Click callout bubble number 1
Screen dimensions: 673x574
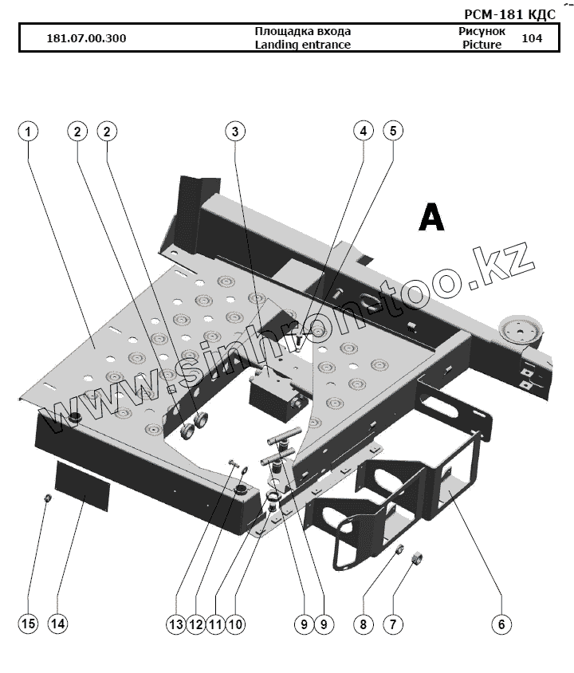click(28, 131)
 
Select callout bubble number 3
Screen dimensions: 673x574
click(234, 131)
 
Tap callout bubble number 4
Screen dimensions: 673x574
click(363, 131)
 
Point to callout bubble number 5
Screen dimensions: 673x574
click(391, 131)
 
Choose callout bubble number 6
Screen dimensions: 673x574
click(501, 624)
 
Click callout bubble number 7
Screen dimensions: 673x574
click(391, 624)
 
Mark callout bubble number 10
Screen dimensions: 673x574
click(234, 624)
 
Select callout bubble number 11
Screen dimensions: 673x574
click(214, 624)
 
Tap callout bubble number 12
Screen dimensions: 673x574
click(195, 624)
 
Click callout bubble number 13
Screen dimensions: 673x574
click(175, 624)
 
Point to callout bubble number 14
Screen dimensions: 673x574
click(57, 624)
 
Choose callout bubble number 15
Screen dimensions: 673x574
click(28, 624)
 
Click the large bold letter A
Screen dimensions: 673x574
click(431, 217)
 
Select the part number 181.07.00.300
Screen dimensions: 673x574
click(86, 38)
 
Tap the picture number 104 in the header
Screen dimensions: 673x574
click(531, 37)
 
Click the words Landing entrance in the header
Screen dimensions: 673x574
click(302, 45)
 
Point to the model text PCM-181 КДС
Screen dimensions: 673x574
click(509, 15)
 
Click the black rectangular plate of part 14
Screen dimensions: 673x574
click(81, 482)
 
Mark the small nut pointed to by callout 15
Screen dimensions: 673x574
click(46, 498)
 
